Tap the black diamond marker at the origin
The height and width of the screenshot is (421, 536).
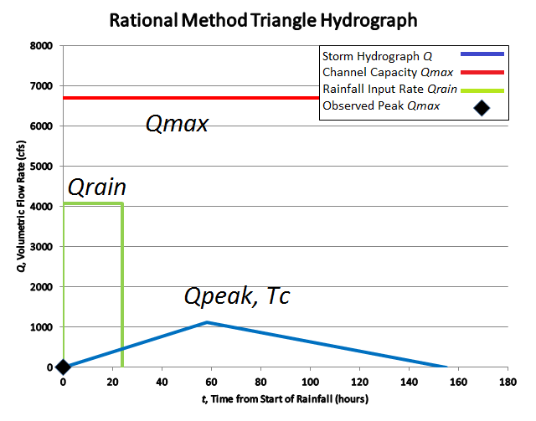[x=63, y=367]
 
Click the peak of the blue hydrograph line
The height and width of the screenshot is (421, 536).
[x=206, y=322]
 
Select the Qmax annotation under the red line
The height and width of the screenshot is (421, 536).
[x=177, y=125]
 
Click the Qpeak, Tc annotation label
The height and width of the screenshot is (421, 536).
[x=237, y=296]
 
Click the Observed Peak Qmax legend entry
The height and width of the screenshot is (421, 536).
[x=382, y=106]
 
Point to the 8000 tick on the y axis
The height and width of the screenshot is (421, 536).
[x=42, y=46]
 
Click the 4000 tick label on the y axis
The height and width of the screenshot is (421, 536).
[x=42, y=207]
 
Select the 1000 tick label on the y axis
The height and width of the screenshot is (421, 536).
[x=42, y=327]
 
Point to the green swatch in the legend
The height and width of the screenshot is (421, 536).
[x=482, y=90]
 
